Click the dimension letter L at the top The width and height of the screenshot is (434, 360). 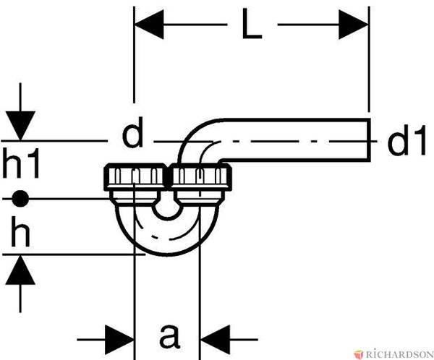[x=251, y=24]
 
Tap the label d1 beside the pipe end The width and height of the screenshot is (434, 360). [x=407, y=140]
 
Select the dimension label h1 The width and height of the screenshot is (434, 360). [x=20, y=163]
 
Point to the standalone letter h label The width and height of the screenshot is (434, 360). [x=20, y=231]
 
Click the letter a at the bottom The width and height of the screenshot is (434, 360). [x=169, y=336]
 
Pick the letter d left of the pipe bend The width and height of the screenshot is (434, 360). [x=133, y=132]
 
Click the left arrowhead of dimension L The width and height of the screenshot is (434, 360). [x=149, y=25]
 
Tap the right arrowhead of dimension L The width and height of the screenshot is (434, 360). [x=353, y=25]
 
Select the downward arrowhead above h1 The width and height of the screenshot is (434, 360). [x=20, y=126]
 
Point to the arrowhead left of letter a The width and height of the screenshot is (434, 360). [x=119, y=340]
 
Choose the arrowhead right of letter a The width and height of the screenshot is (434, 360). [x=215, y=340]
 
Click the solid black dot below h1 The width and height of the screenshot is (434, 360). [x=20, y=198]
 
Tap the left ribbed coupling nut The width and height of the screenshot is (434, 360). [x=135, y=177]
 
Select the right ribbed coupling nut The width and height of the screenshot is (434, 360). [x=200, y=177]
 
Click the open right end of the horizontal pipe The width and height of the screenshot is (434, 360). [x=369, y=140]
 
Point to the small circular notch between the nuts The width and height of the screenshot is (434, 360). [x=167, y=210]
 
